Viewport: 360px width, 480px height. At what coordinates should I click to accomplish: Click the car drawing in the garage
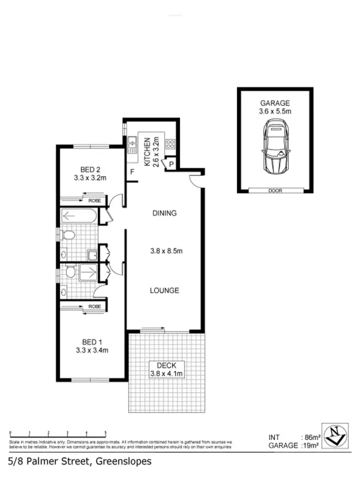tap(276, 148)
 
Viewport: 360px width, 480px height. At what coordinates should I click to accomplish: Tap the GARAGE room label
tap(276, 103)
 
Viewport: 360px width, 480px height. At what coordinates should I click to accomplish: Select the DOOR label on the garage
tap(276, 191)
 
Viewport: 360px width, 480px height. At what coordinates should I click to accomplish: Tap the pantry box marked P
tap(171, 164)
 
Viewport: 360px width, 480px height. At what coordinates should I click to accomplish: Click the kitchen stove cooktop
tap(170, 144)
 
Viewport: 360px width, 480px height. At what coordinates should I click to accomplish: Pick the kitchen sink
tap(132, 144)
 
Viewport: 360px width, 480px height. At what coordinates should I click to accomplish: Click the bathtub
tap(79, 216)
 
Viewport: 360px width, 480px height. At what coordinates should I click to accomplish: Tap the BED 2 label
tap(90, 169)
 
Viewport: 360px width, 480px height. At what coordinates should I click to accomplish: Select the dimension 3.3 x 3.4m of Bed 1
tap(91, 350)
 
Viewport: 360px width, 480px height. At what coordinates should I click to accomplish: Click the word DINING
tap(164, 213)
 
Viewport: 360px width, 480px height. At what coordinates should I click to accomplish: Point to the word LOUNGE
tap(164, 290)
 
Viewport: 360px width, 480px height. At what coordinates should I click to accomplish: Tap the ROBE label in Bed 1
tap(95, 306)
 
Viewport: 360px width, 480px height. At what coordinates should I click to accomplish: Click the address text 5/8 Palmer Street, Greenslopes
tap(80, 461)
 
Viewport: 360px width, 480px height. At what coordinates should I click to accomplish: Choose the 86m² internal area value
tap(312, 437)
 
